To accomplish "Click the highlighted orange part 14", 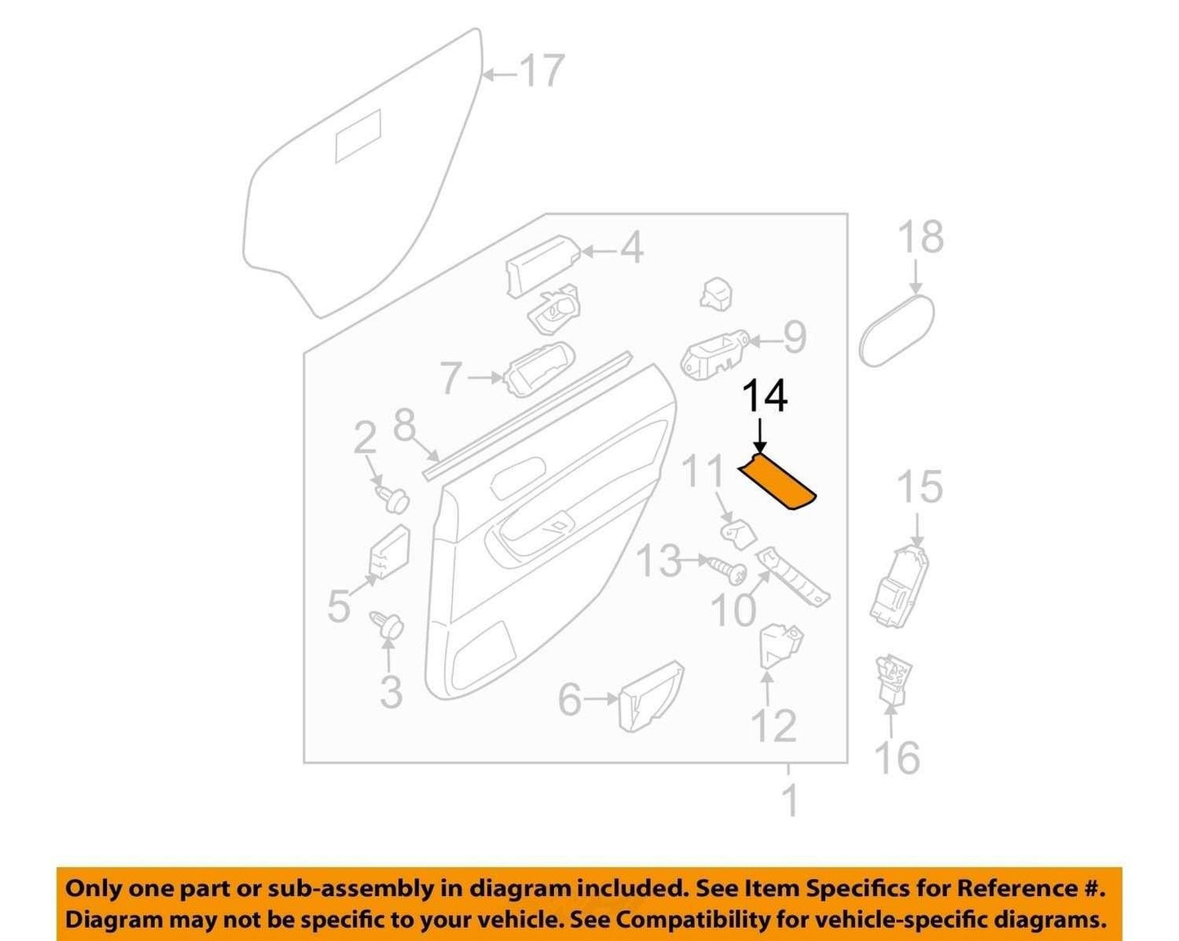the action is coord(778,481).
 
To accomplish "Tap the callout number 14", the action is coord(765,398).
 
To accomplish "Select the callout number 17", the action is coord(543,71).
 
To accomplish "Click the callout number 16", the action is coord(898,757).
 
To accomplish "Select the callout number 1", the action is coord(790,801).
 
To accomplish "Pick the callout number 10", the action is coord(734,610).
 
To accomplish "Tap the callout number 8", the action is coord(405,426).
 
